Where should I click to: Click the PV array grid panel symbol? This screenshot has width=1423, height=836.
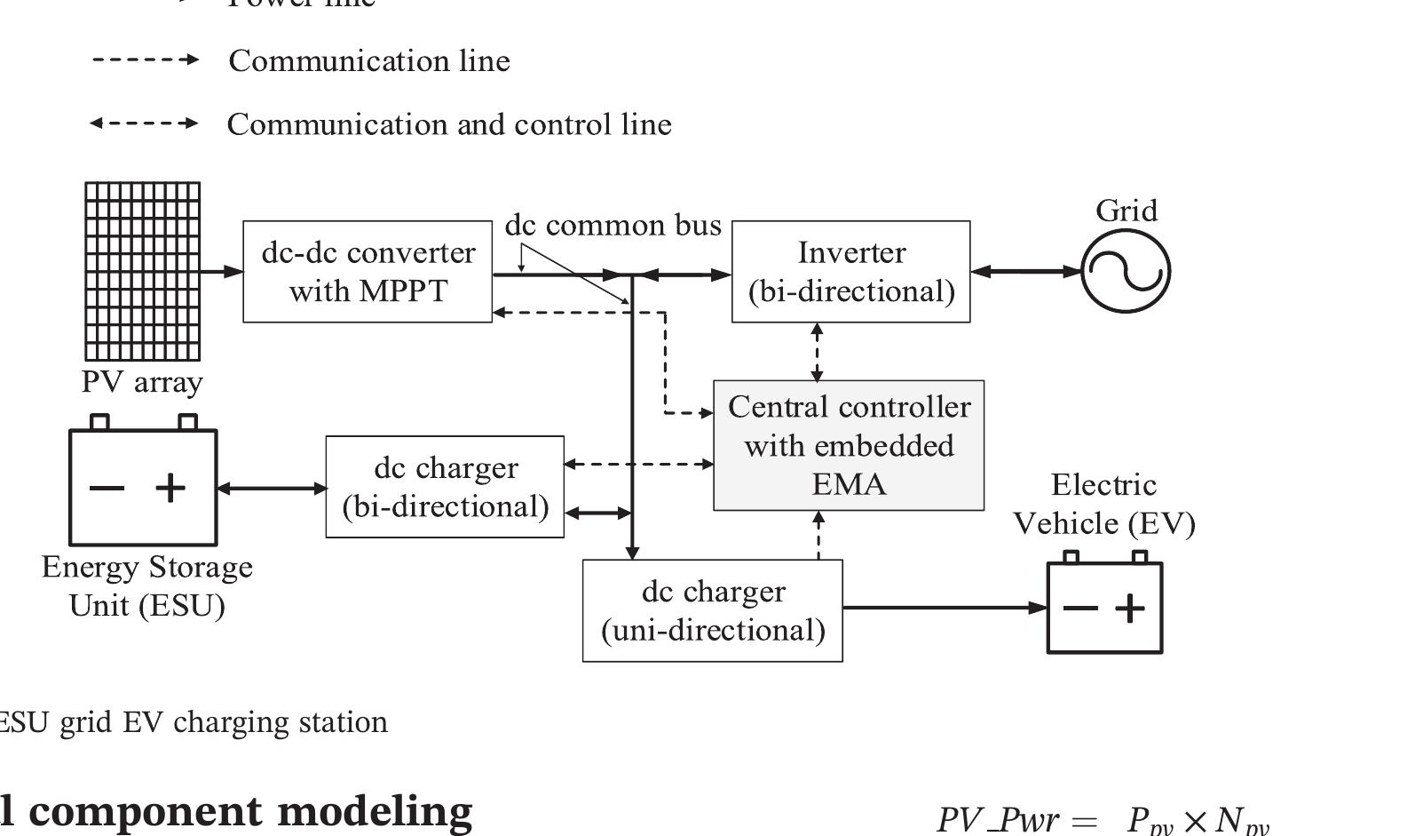(142, 271)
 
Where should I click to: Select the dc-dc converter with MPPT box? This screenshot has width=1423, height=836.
(368, 271)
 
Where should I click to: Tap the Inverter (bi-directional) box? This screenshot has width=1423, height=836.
(850, 271)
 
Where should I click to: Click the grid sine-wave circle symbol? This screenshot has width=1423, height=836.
(1126, 271)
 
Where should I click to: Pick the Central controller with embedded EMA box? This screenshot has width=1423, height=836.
(849, 445)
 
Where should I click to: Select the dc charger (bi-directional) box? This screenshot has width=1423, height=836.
(445, 487)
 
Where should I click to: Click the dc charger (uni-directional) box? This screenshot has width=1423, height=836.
(712, 610)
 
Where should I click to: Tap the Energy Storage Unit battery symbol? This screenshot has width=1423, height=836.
(143, 487)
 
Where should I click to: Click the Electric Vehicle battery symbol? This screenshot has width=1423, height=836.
(1104, 608)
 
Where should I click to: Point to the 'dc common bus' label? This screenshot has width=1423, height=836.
(613, 225)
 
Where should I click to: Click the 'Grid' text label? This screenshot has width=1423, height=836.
(1126, 211)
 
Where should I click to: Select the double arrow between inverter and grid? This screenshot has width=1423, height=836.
(1025, 271)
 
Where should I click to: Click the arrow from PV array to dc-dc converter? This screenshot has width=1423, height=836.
(221, 271)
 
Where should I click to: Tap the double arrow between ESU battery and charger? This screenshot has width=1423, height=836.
(272, 488)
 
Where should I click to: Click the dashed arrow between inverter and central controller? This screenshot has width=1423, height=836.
(817, 352)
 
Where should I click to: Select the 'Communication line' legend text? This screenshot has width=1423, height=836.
(369, 60)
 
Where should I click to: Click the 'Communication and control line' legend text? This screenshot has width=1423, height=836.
(449, 123)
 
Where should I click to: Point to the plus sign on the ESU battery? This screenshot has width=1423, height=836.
(170, 487)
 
